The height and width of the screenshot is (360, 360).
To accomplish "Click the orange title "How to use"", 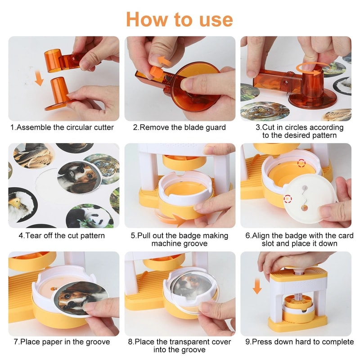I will coord(180,19).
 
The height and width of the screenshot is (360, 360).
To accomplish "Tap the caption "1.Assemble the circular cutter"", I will coord(62,127).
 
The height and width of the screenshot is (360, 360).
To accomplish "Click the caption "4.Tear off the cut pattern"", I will coord(62,235).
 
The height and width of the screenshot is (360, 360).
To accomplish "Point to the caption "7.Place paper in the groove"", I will coord(62,342).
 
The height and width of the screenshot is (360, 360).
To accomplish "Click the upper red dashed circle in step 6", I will coord(301,162).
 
